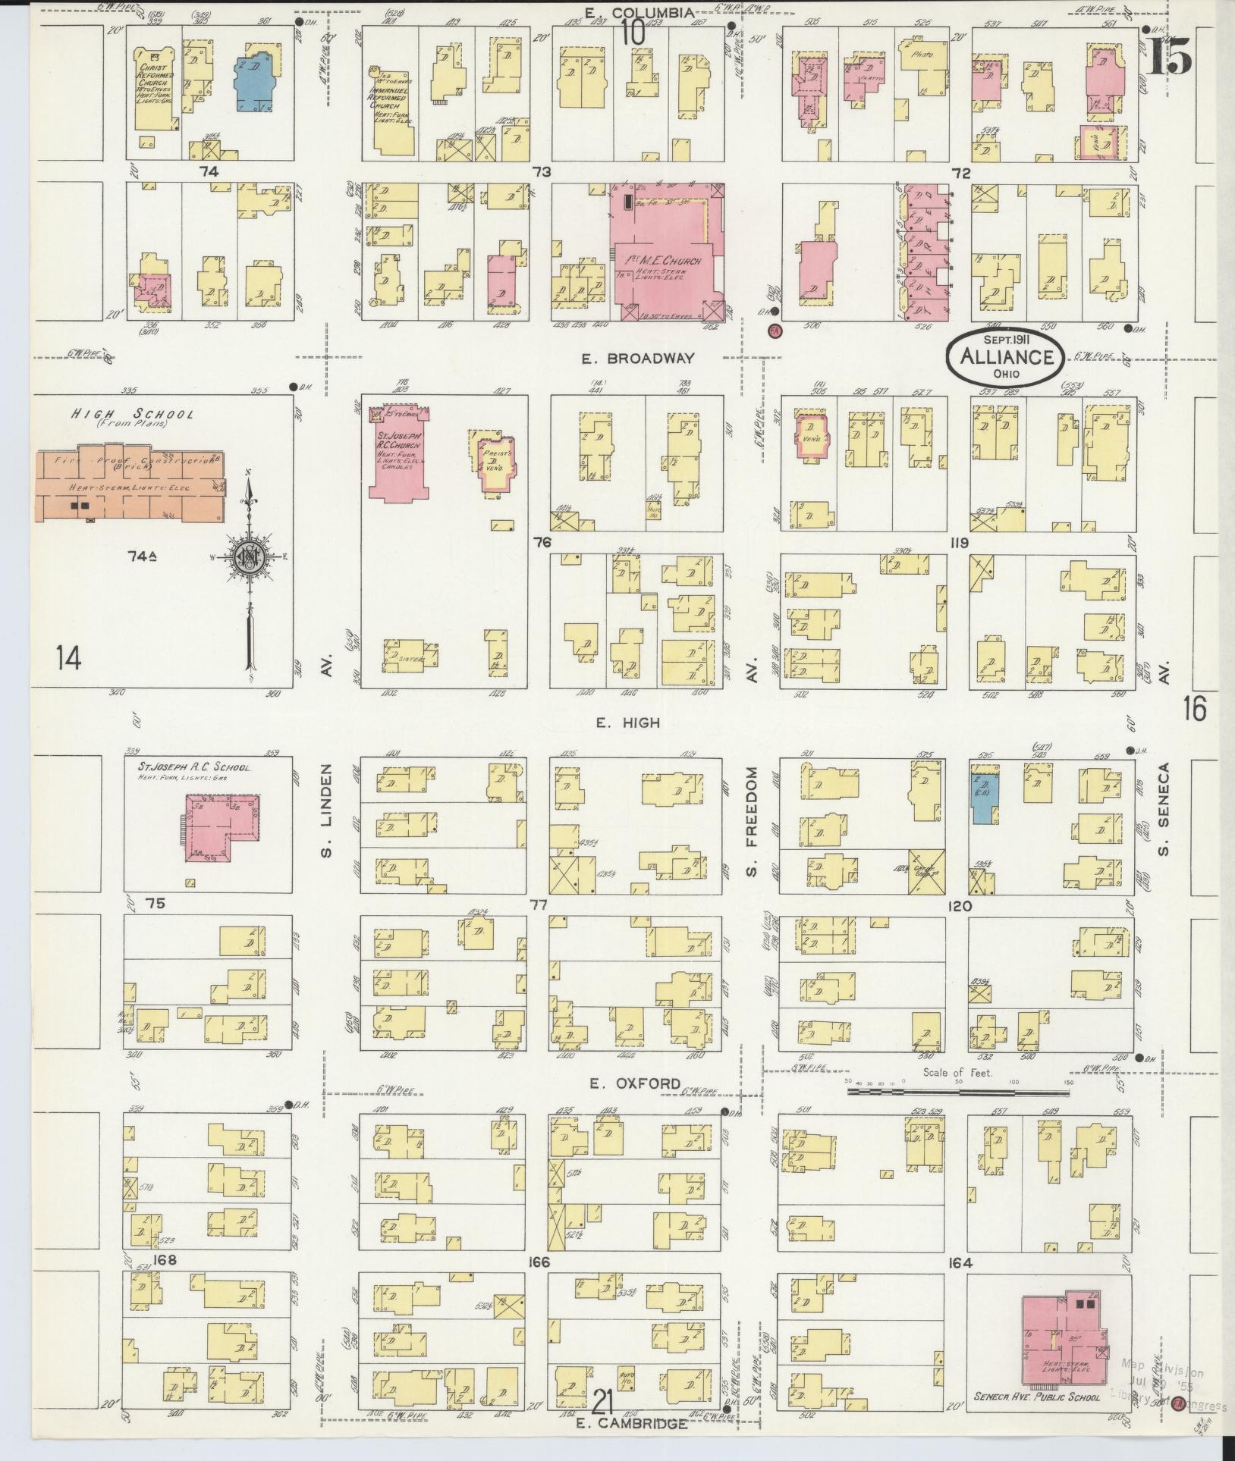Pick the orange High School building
click(130, 485)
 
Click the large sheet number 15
click(1168, 55)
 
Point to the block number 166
click(539, 1262)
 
